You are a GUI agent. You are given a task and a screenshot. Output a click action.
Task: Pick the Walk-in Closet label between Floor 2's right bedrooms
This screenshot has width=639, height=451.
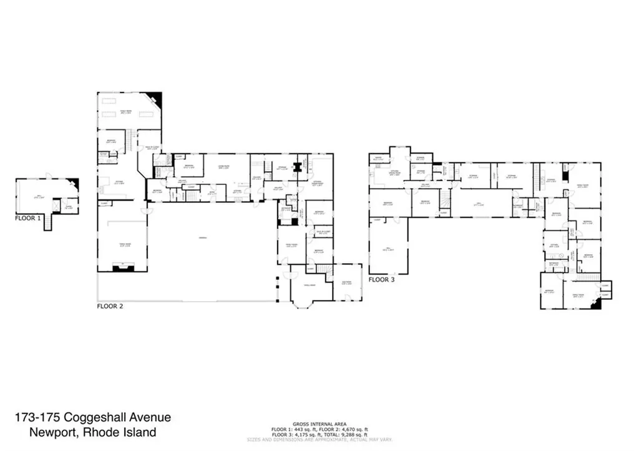(x=318, y=232)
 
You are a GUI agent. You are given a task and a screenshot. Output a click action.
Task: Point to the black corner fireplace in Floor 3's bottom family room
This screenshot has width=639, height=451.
(x=598, y=304)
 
